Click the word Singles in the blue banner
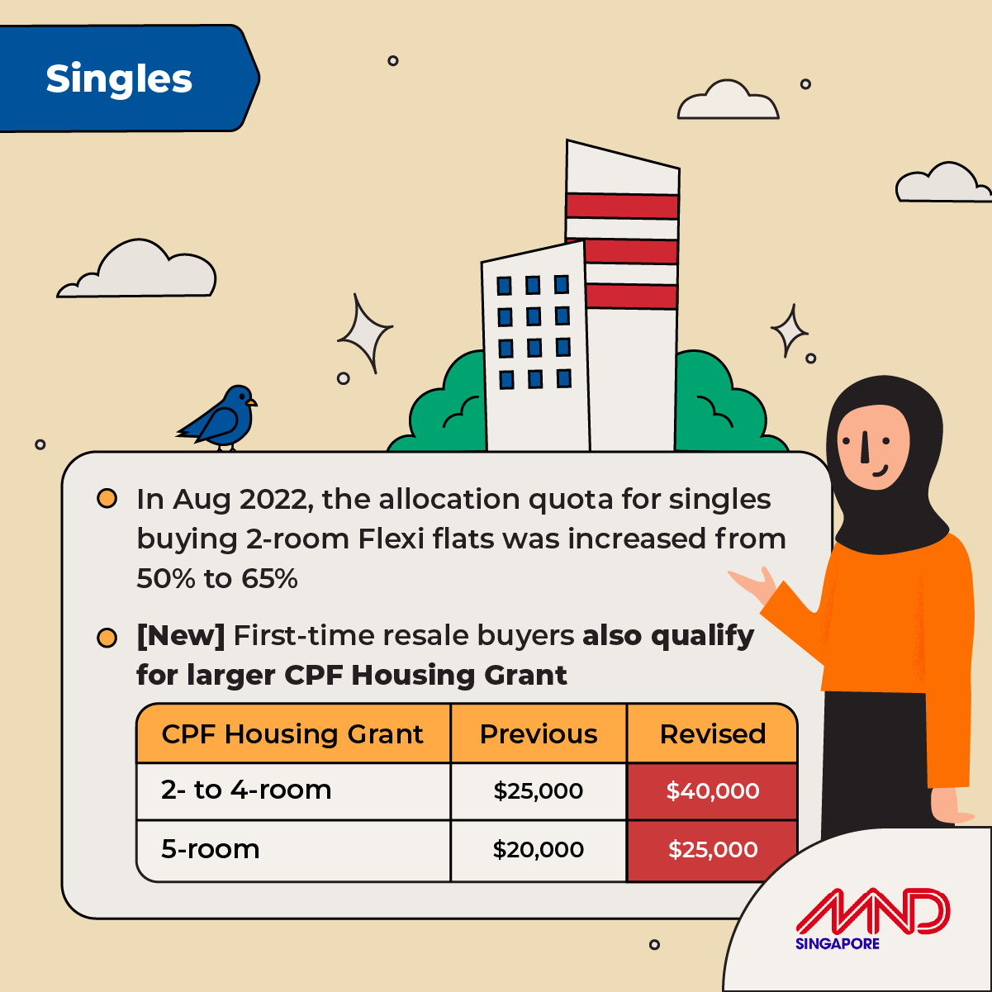119,79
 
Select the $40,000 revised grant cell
712,790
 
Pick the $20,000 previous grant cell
538,849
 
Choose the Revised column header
713,733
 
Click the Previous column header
538,733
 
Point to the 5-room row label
210,849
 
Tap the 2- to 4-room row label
246,790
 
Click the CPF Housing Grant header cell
292,733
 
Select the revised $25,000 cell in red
712,849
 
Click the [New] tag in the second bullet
180,636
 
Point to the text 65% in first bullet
269,578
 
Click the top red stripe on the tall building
622,206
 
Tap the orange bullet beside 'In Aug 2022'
107,498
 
